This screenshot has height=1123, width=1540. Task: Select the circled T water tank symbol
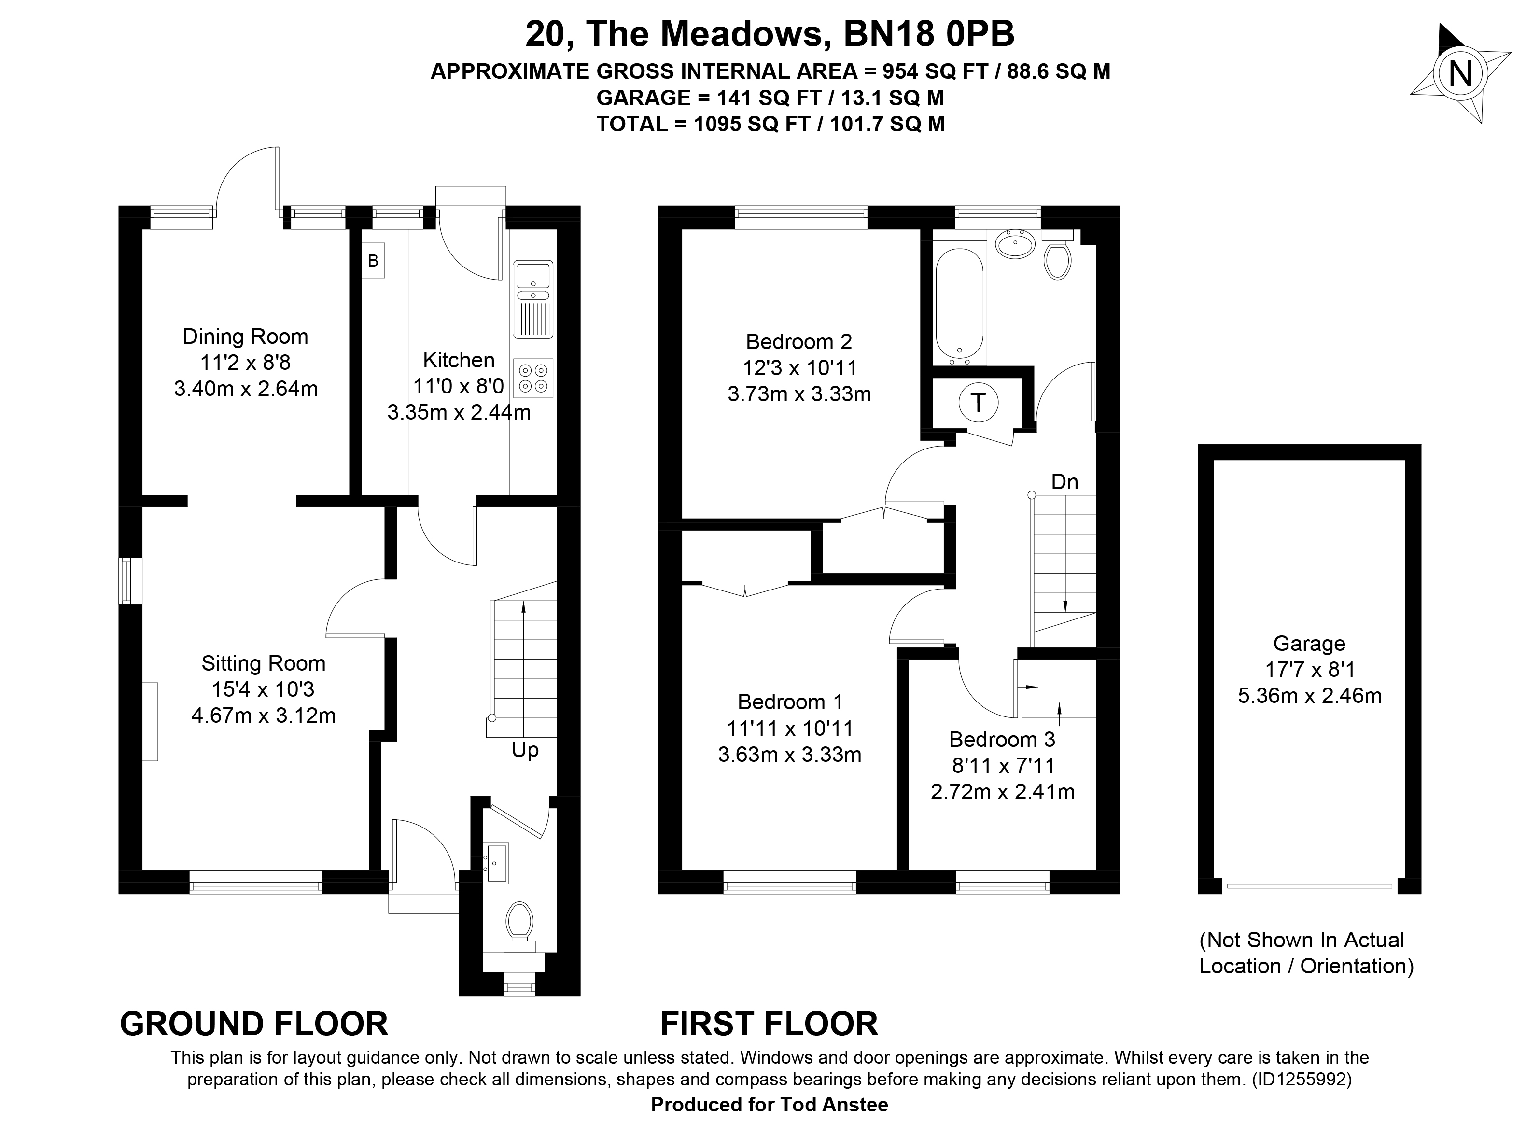pyautogui.click(x=978, y=403)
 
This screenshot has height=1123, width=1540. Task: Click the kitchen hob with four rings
pyautogui.click(x=533, y=379)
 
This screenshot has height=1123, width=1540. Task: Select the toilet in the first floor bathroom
pyautogui.click(x=1057, y=254)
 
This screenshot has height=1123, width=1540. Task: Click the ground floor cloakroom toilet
pyautogui.click(x=520, y=926)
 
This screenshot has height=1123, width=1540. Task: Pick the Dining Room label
pyautogui.click(x=245, y=337)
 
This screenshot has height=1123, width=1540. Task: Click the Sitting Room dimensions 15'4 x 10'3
pyautogui.click(x=263, y=689)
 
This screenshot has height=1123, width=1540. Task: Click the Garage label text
pyautogui.click(x=1309, y=643)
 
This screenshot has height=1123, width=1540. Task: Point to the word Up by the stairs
pyautogui.click(x=525, y=750)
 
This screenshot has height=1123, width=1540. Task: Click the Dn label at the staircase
pyautogui.click(x=1064, y=482)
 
